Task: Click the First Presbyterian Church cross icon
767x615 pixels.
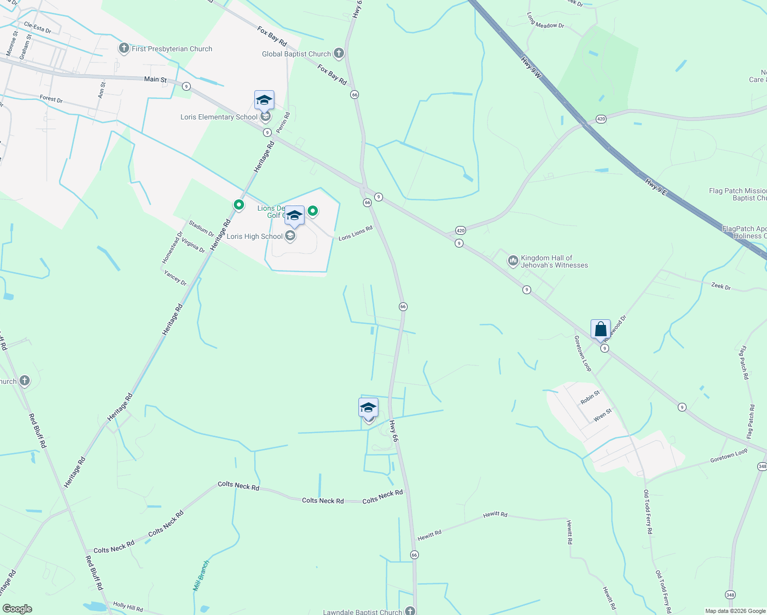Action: [124, 49]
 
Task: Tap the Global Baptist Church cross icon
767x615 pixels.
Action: [338, 53]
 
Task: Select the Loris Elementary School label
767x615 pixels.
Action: [219, 117]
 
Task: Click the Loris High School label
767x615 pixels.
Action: [254, 236]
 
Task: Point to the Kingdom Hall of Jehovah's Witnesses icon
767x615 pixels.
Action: [513, 261]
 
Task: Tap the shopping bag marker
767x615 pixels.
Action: [600, 329]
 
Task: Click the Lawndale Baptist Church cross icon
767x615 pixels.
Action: [410, 610]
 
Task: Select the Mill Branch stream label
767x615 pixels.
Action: [201, 576]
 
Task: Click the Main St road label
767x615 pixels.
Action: [155, 79]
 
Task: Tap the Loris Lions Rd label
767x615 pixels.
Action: [355, 233]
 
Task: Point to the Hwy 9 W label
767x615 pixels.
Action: [531, 68]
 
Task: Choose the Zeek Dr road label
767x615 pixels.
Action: [721, 286]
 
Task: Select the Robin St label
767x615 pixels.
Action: [590, 397]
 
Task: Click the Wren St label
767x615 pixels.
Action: [602, 415]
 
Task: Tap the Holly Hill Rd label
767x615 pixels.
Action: [128, 607]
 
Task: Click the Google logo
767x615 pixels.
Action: [17, 609]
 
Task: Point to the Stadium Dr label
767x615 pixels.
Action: [201, 229]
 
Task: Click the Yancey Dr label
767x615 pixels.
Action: [175, 277]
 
